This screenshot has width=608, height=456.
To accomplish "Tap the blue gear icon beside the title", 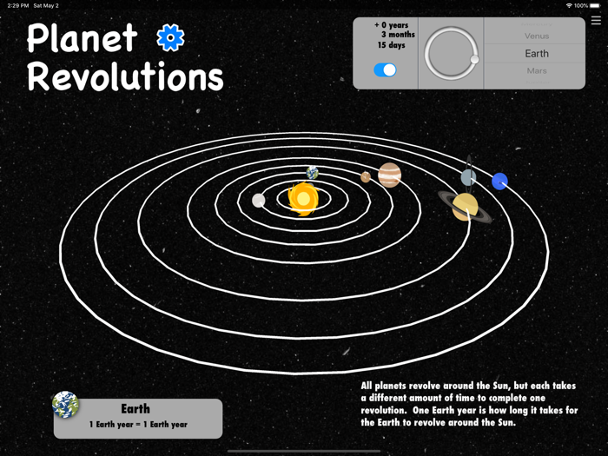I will coord(170,37).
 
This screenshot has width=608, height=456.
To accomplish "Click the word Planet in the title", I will coord(83,38).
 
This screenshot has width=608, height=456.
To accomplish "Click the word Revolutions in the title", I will coord(125,76).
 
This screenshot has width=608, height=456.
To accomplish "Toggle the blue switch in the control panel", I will coord(385,70).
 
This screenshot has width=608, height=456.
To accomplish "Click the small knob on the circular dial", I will coord(474,60).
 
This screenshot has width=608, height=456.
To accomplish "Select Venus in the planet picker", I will coord(536,36).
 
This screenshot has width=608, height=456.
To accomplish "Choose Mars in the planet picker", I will coord(536,71).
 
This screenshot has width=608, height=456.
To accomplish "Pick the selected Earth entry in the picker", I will coord(536,54).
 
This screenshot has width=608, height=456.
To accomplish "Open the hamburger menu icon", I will coord(596,21).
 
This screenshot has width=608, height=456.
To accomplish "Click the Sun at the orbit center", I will coord(303,199).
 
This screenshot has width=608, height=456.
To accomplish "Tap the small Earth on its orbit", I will coord(312,173).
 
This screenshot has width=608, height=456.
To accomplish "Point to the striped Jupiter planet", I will coord(389,175).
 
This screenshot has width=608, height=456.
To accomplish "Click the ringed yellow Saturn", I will coord(465,207).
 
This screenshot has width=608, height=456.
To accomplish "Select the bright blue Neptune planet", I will coord(499,182).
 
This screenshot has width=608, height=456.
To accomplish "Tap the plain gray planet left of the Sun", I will coord(258,201).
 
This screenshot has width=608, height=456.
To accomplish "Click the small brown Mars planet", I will coord(366,177).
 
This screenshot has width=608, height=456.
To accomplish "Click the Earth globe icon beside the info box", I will coord(65,404).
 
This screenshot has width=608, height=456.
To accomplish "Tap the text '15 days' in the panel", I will coord(391,45).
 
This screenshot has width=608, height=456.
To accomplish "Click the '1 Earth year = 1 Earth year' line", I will coord(138,425).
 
